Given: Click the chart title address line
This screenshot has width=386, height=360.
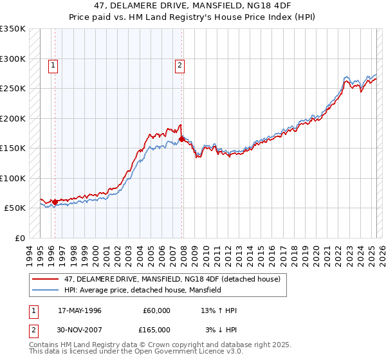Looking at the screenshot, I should click(193, 6).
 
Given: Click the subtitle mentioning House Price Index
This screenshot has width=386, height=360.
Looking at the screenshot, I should click(193, 17).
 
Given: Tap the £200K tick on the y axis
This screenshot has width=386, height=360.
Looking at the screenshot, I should click(13, 118).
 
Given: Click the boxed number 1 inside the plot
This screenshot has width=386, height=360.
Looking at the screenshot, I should click(52, 64).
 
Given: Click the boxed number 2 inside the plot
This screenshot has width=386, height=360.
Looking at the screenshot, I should click(179, 64).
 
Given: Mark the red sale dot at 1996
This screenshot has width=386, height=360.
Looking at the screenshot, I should click(55, 202).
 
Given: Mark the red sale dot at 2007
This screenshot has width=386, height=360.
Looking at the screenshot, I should click(181, 139).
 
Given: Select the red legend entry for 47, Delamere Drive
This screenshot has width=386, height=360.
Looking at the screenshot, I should click(172, 280).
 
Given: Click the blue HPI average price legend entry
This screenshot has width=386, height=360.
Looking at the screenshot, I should click(142, 290).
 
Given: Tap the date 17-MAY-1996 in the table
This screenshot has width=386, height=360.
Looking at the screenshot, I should click(80, 310).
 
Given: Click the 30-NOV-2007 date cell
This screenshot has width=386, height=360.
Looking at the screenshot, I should click(80, 330).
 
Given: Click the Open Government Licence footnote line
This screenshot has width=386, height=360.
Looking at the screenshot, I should click(136, 352).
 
